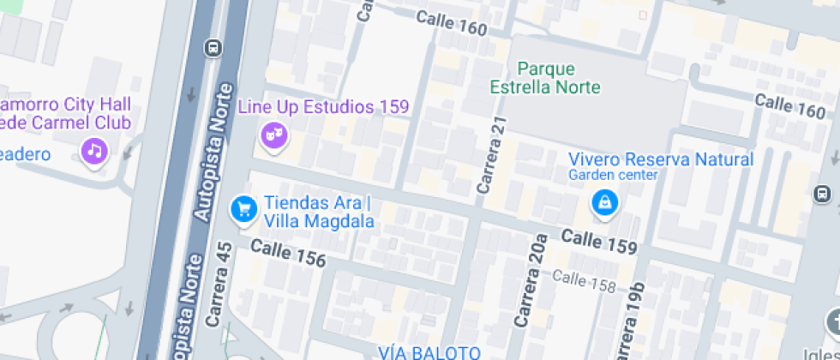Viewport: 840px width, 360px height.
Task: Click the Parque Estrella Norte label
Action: (545, 78)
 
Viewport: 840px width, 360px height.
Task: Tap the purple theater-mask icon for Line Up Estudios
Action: (273, 135)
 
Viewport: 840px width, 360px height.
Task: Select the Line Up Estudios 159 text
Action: (323, 107)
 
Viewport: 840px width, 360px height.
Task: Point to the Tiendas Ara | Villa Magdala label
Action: (319, 213)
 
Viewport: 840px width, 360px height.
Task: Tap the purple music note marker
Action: (94, 153)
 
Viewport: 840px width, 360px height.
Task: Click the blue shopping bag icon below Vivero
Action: (605, 203)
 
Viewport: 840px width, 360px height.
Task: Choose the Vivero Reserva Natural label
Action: (661, 159)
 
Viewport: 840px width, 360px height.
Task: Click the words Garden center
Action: (613, 176)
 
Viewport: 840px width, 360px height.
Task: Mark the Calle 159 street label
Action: (599, 242)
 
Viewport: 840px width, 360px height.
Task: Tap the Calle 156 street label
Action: (288, 253)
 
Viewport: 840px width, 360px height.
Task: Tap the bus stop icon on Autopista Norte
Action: (213, 48)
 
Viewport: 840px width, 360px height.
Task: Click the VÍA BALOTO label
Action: (429, 352)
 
